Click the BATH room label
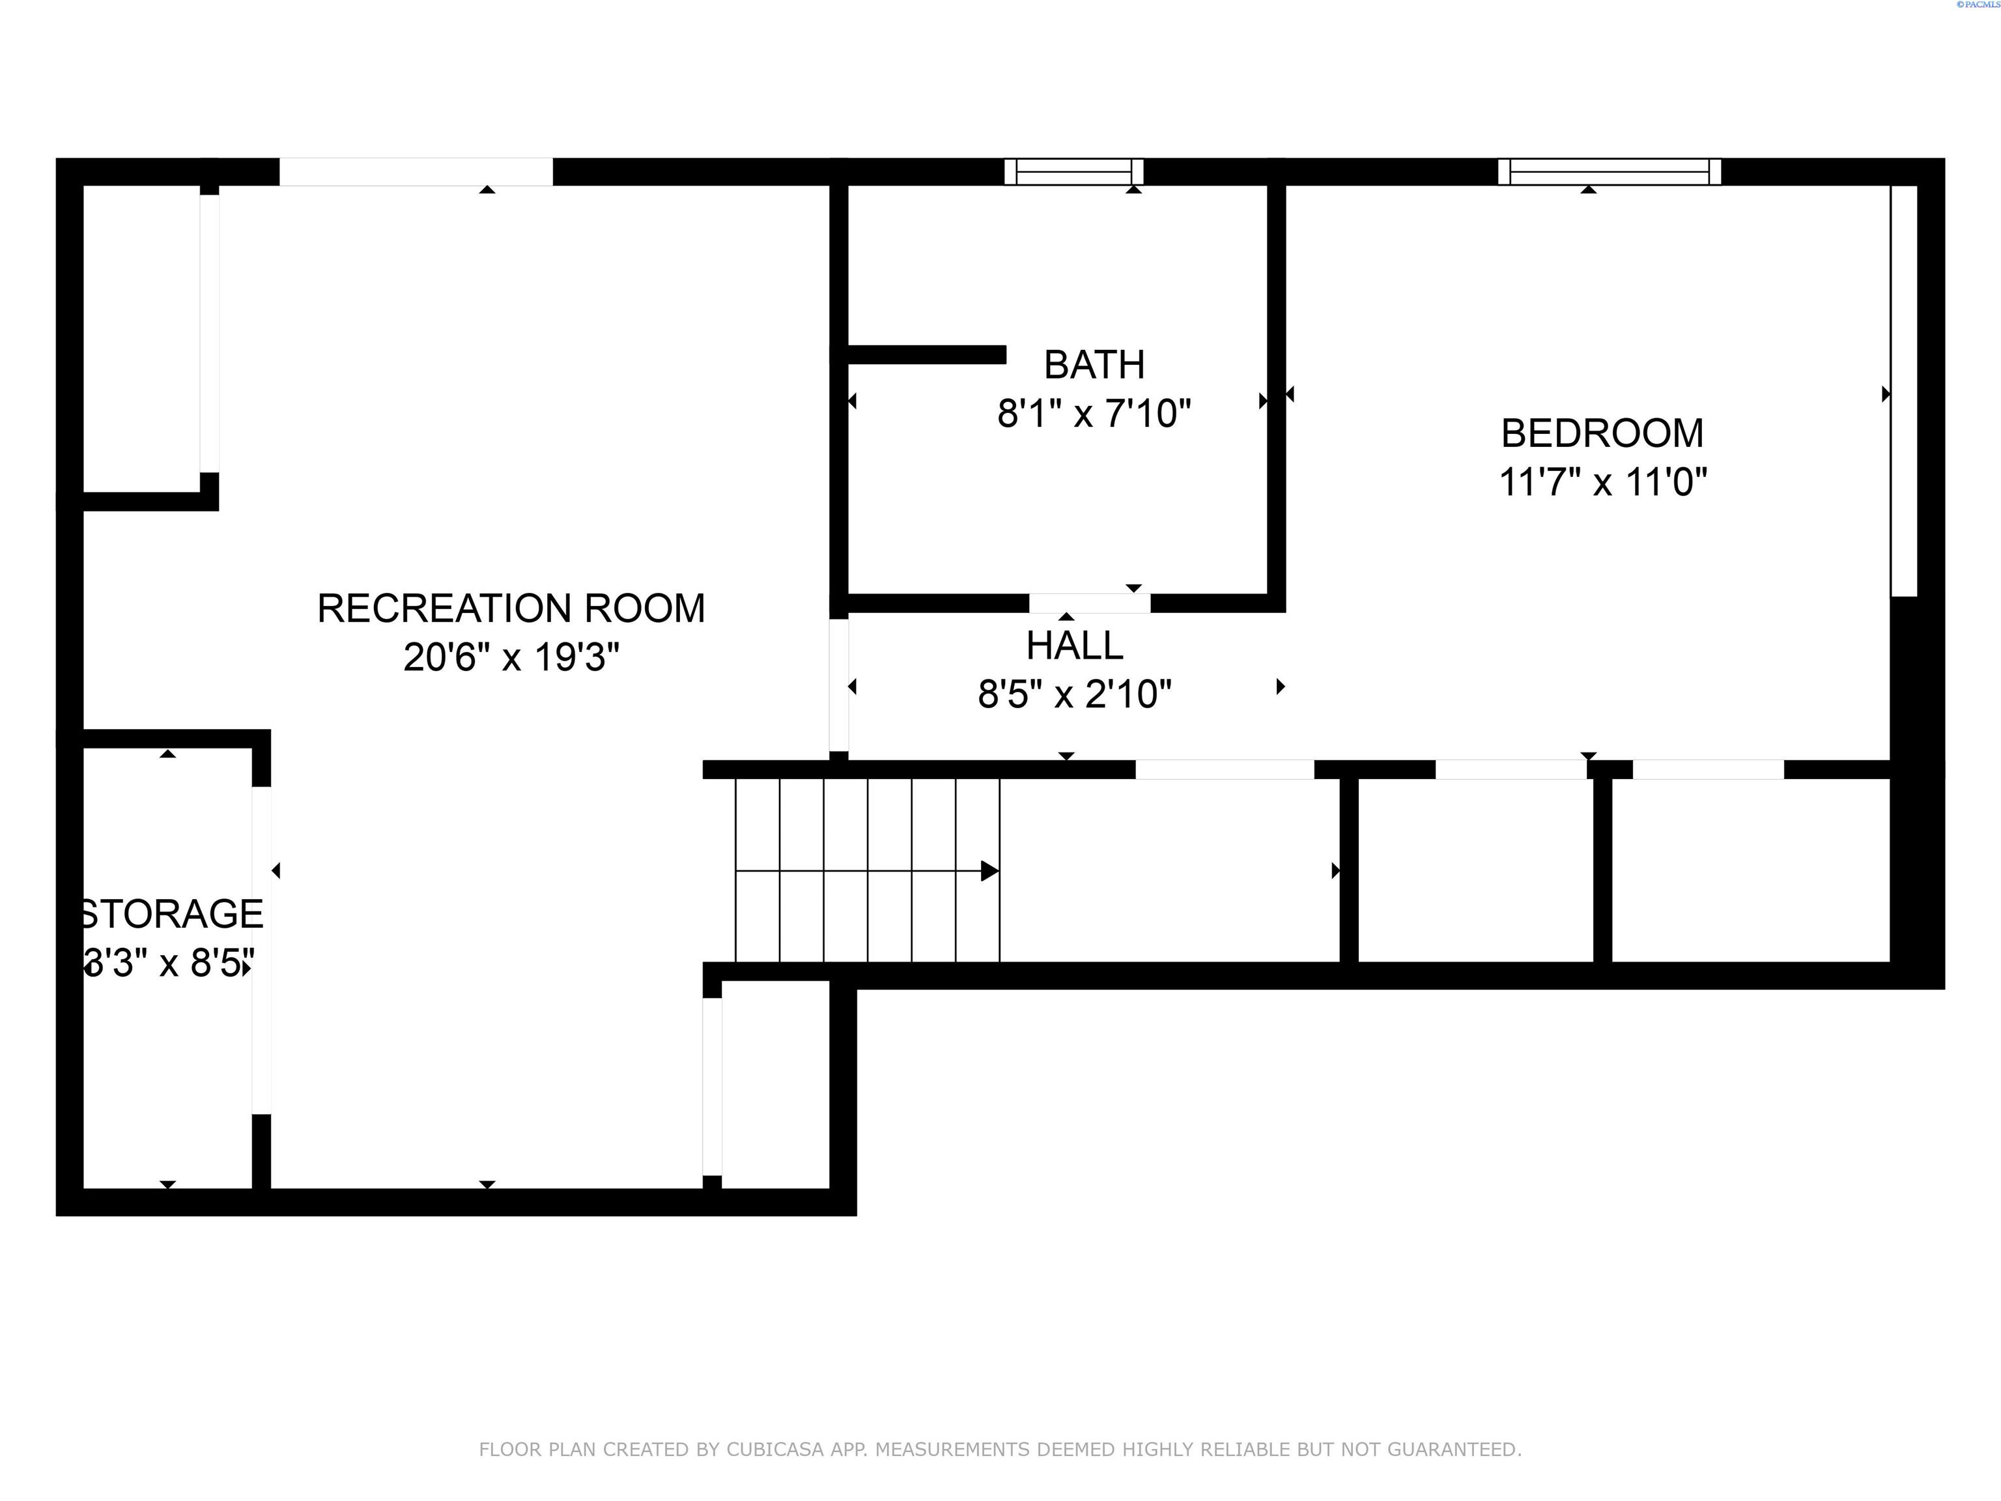1094,365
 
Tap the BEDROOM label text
1602,433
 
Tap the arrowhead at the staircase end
989,871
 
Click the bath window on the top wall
1073,172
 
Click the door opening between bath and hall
1089,603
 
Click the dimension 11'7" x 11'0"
1602,482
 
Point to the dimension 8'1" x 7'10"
1094,414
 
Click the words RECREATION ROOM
511,608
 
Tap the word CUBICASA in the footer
775,1450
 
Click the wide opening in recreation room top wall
416,172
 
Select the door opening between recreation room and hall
838,685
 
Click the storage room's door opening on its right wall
261,950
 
